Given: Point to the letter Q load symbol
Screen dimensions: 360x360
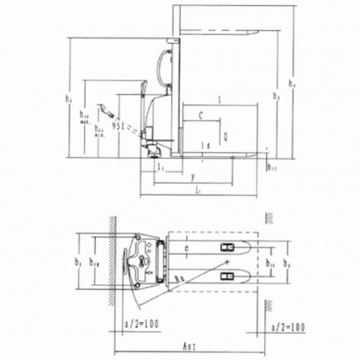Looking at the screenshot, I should point(225,136).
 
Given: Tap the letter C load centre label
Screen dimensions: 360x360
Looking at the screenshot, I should point(201,115).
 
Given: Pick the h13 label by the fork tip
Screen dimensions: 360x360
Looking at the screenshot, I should point(270,166).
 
